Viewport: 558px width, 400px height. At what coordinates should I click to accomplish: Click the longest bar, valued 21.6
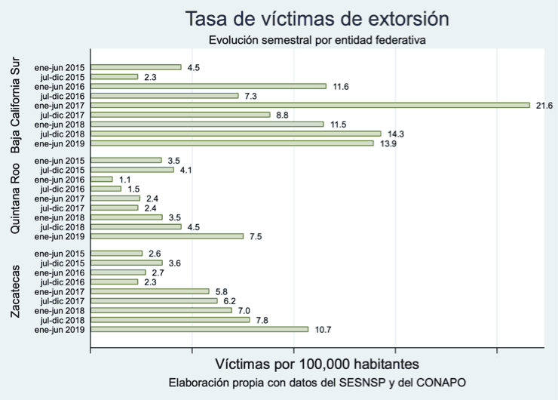[x=310, y=105]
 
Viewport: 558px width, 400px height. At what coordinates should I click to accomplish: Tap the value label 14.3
[x=393, y=134]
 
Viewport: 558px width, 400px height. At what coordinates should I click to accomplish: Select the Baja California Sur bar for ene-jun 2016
[x=208, y=86]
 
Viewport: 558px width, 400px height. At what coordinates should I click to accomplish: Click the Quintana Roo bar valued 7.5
[x=167, y=236]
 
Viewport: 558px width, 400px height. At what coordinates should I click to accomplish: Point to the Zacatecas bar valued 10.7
[x=199, y=329]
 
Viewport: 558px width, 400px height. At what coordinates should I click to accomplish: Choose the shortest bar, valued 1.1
[x=101, y=179]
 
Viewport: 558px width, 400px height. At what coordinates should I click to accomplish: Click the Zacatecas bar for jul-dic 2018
[x=170, y=320]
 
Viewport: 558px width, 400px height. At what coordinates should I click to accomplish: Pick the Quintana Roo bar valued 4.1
[x=132, y=170]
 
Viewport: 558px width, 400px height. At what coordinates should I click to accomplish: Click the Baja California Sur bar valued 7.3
[x=164, y=96]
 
